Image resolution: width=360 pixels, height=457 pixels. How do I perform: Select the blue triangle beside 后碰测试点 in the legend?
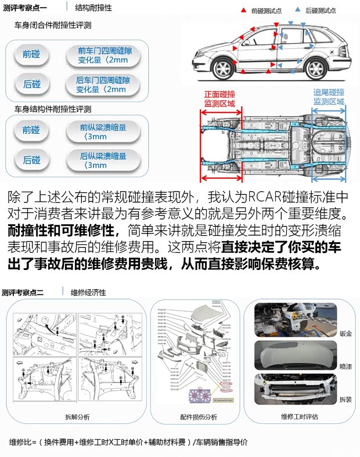pos(297,10)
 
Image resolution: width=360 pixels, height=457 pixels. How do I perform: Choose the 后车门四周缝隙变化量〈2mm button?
pos(102,85)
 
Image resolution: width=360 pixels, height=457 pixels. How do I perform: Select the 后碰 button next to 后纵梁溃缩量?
pos(32,160)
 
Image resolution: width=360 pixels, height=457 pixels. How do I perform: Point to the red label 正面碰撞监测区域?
pos(219,98)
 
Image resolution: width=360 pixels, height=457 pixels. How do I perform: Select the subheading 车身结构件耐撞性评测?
pos(53,109)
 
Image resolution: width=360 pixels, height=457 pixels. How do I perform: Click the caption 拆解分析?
pos(77,417)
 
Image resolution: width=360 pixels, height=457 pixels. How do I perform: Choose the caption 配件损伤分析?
pos(199,417)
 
